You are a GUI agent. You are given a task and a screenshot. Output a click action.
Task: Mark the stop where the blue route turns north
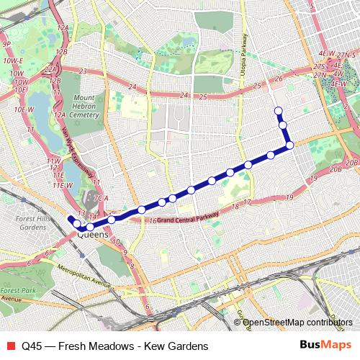[289, 145]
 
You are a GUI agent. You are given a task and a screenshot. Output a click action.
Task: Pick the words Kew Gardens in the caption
[176, 346]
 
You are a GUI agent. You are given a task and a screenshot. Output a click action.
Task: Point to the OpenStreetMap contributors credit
[297, 322]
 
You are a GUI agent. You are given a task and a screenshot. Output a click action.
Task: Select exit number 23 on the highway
[83, 71]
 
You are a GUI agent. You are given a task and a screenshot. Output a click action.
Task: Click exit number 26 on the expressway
[279, 79]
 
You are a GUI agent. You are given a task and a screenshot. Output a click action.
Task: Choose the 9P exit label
[6, 44]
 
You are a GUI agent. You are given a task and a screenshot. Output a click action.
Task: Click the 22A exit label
[50, 69]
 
